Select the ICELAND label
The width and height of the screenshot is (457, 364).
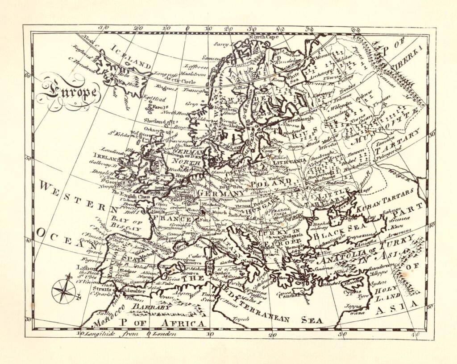pos(131,57)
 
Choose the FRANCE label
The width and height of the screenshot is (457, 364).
pos(172,219)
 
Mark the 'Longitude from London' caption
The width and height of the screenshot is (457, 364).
pos(129,334)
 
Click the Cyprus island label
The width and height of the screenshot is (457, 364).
pos(352,292)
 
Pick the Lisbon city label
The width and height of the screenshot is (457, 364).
pos(85,268)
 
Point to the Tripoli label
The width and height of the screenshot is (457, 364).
pos(241,319)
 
